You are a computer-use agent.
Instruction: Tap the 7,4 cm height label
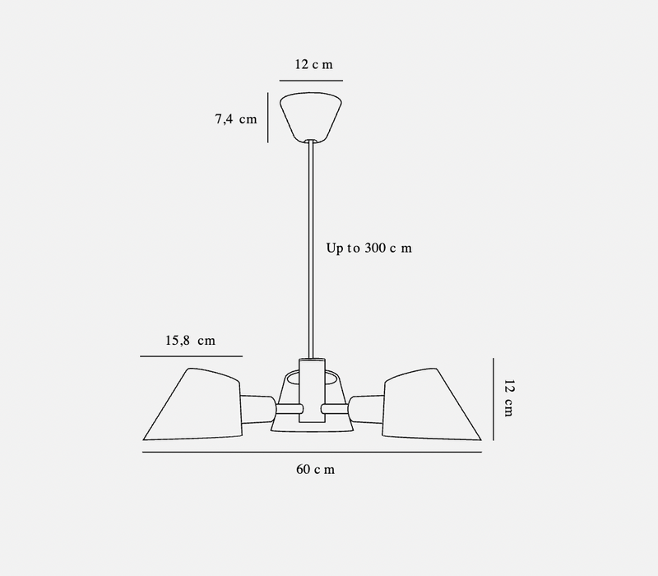click(235, 119)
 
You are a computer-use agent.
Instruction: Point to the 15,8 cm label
click(190, 341)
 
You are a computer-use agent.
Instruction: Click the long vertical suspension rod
click(312, 247)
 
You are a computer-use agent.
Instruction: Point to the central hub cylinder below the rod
click(312, 391)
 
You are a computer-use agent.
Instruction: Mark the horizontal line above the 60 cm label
click(312, 453)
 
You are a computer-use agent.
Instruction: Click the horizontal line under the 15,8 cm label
click(191, 356)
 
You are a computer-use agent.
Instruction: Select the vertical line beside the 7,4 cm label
click(267, 117)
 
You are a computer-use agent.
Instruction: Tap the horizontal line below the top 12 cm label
click(312, 81)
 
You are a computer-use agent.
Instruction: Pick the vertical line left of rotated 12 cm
click(493, 398)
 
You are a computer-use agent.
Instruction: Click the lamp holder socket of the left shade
click(257, 406)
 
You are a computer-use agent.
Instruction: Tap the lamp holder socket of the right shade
click(367, 406)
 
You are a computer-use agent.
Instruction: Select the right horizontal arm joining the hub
click(336, 408)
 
